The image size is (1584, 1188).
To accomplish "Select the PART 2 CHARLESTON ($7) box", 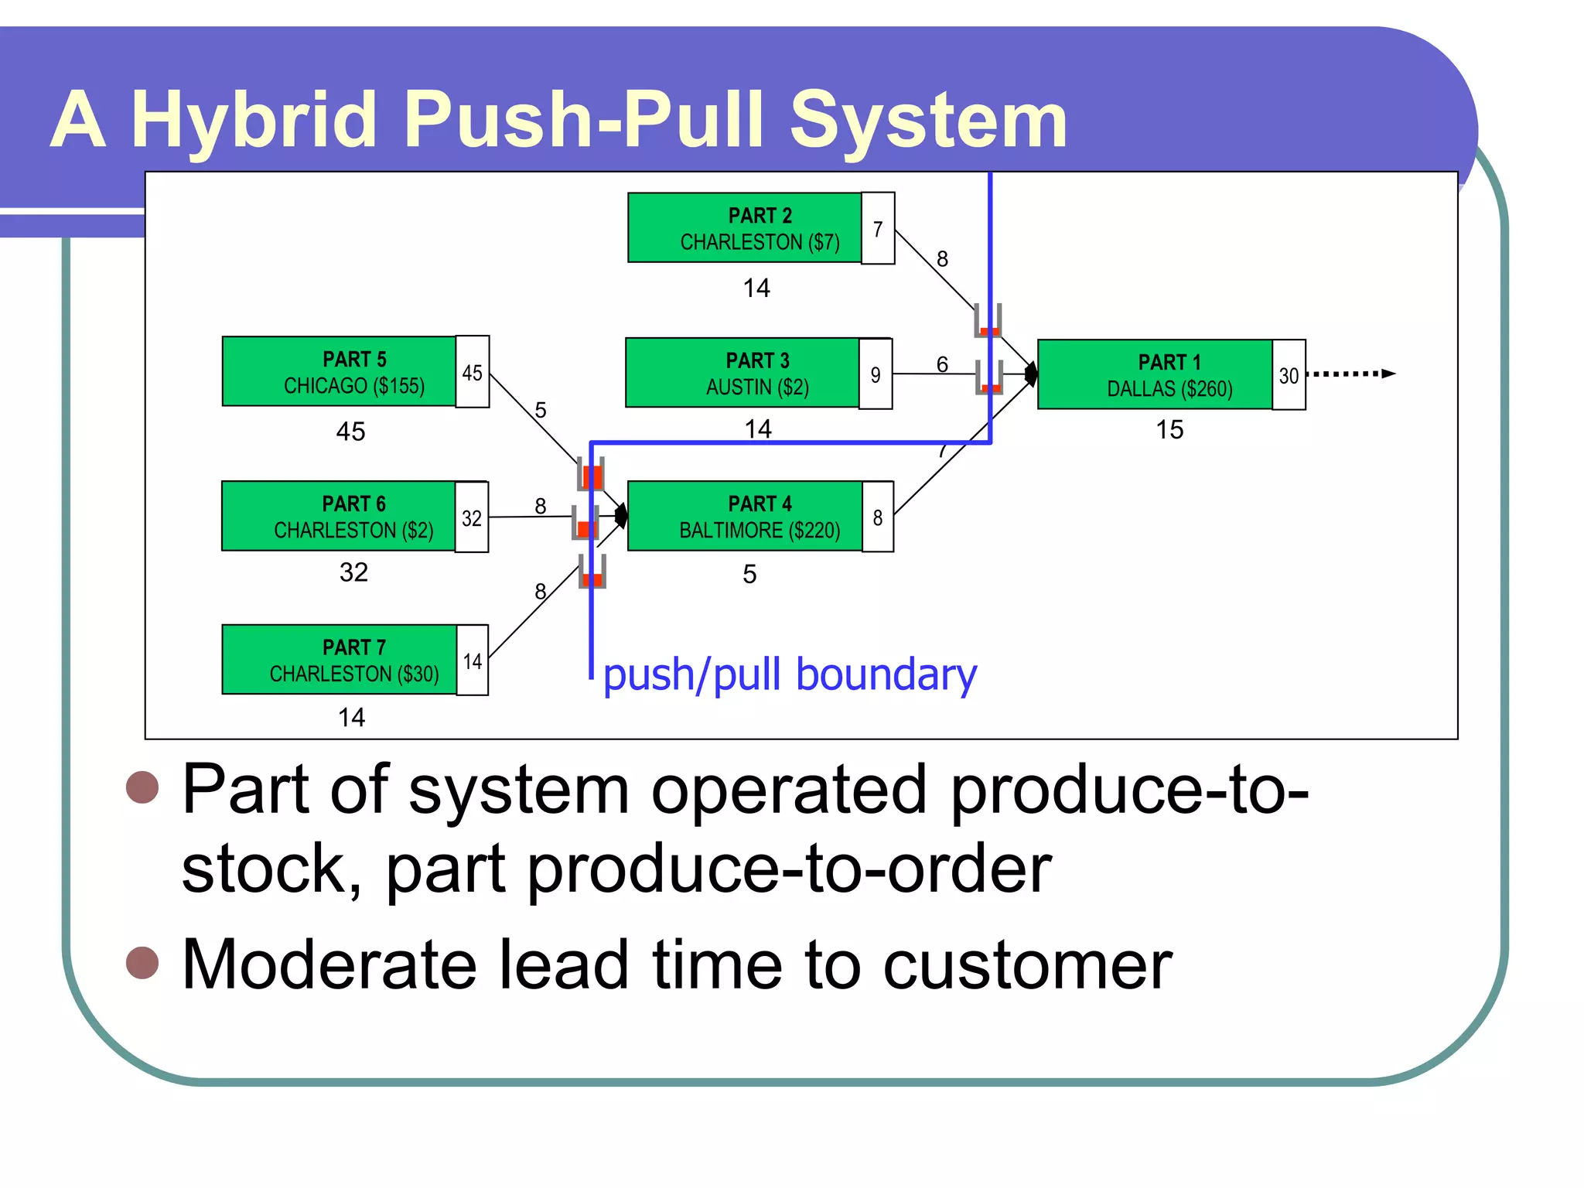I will coord(744,228).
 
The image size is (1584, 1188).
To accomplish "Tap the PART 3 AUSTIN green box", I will coord(742,373).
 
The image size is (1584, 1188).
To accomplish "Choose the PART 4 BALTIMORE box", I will coord(744,517).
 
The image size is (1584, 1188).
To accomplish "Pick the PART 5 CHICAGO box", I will coord(339,372).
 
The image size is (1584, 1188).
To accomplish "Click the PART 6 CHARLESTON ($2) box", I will coord(338,517).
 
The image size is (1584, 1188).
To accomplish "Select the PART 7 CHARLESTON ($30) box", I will coord(339,660).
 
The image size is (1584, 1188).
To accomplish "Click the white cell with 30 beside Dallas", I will coord(1289,375).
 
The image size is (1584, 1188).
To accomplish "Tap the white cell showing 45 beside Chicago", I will coord(473,372).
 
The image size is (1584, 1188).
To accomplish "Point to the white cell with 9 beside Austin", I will coord(876,374).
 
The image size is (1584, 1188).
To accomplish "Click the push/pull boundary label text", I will coord(790,674).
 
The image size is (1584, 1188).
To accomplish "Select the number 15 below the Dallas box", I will coord(1169,430).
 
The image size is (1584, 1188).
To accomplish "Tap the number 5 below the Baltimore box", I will coord(749,574).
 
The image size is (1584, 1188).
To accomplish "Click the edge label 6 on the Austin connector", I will coord(942,364).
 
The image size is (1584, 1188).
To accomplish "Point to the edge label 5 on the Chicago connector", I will coord(541,409).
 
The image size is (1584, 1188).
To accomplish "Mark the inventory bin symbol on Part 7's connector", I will coord(592,572).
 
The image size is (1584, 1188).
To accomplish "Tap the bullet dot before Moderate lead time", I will coord(142,963).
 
